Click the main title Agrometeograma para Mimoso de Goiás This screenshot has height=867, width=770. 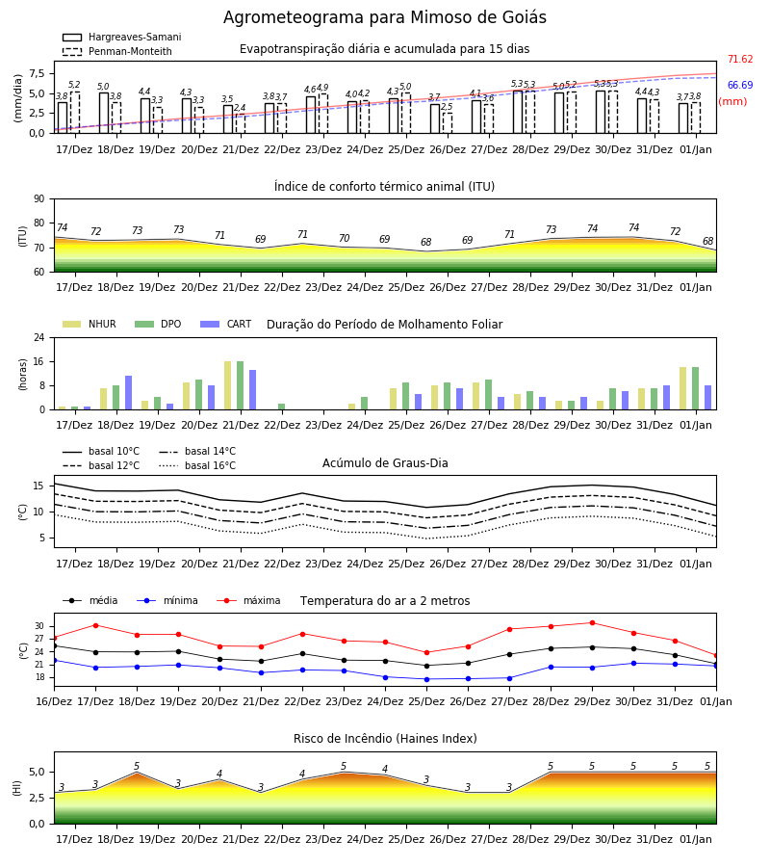[384, 17]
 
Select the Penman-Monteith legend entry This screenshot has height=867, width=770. [117, 51]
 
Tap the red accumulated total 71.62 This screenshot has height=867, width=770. [740, 59]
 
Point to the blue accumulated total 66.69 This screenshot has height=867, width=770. [740, 85]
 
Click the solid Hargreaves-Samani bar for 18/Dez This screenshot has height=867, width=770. [104, 113]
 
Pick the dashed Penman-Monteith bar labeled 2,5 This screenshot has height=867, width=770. [448, 123]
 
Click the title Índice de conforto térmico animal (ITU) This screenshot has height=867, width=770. [384, 186]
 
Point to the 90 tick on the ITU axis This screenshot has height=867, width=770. [39, 199]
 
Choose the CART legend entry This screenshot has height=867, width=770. [226, 324]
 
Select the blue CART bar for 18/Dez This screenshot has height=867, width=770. [128, 393]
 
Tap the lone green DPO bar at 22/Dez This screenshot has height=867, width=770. [282, 407]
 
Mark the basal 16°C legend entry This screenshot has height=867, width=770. [197, 465]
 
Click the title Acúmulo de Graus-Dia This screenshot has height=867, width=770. [385, 462]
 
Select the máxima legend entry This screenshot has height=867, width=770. [248, 600]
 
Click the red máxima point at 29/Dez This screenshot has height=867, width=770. [592, 622]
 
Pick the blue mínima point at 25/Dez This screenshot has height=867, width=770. [426, 679]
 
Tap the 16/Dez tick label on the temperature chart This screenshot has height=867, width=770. [54, 701]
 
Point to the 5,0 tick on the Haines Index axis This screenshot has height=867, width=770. [37, 772]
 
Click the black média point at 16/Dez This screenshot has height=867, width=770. [54, 645]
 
